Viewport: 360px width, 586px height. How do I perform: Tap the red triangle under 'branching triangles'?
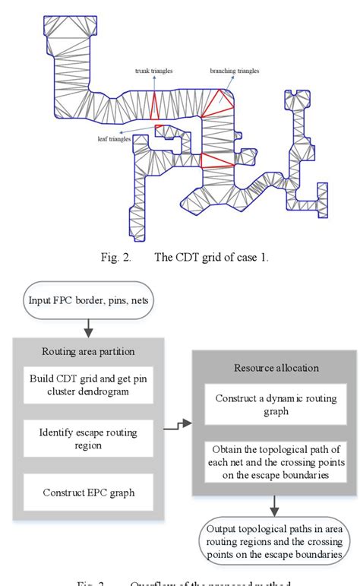click(223, 100)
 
